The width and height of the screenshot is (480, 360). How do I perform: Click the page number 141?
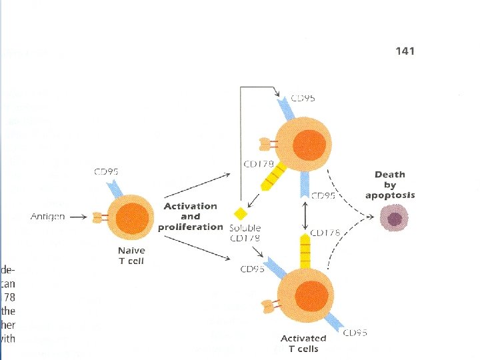click(405, 51)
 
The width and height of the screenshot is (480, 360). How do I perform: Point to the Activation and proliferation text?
click(190, 216)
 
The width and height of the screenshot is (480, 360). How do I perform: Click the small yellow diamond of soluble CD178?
click(239, 214)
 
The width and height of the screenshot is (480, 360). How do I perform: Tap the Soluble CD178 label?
click(245, 233)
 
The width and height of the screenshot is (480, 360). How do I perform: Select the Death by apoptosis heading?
click(390, 185)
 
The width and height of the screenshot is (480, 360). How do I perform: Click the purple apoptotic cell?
click(394, 218)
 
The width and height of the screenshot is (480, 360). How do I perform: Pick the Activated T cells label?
click(303, 343)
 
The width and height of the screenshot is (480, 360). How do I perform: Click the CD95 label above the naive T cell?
click(107, 172)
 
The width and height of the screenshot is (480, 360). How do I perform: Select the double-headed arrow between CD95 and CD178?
click(304, 215)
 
